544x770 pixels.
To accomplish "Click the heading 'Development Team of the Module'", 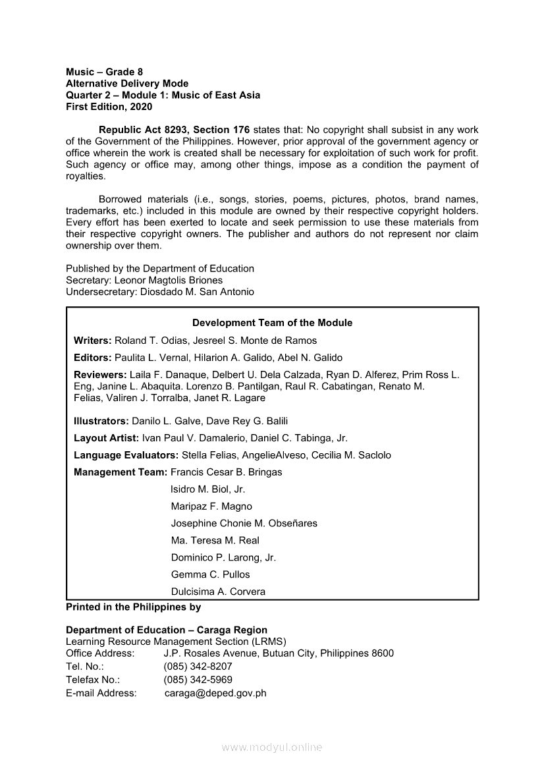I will tap(272, 323).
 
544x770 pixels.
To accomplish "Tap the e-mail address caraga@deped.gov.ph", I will tap(215, 693).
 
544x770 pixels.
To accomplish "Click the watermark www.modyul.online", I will tap(272, 748).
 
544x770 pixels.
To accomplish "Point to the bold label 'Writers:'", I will tap(93, 341).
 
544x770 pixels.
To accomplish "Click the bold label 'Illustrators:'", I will tap(101, 421).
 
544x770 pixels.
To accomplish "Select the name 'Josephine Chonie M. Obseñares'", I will tap(244, 524).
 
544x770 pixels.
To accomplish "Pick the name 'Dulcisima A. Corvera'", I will tap(218, 591).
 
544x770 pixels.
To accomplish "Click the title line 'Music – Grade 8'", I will tap(104, 72).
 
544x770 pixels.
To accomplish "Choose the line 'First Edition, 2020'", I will tap(109, 107).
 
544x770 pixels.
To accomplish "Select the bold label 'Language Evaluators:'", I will tap(126, 455).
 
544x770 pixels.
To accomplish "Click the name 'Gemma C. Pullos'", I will tap(210, 574).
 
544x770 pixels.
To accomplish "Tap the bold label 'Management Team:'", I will tap(121, 472).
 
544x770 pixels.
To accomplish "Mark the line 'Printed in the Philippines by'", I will tap(133, 607).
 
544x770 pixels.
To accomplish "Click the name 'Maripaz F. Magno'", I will tap(211, 507).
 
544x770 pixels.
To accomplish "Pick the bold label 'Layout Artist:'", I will tap(106, 438).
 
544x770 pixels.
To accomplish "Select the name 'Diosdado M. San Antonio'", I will tap(197, 292).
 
